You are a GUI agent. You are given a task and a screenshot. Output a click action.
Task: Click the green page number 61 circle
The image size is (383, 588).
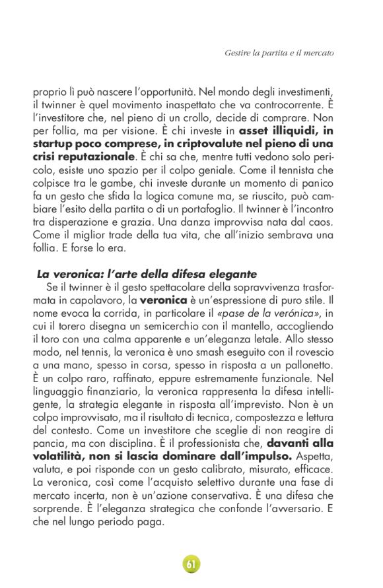pos(191,564)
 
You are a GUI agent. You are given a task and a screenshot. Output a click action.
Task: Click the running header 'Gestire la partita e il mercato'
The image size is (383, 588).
pos(279,52)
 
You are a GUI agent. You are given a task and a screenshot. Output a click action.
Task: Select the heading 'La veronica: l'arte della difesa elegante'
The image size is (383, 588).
pos(137,274)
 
